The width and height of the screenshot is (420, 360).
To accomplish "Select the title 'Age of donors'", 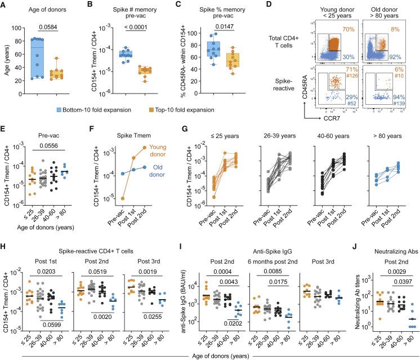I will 41,7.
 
